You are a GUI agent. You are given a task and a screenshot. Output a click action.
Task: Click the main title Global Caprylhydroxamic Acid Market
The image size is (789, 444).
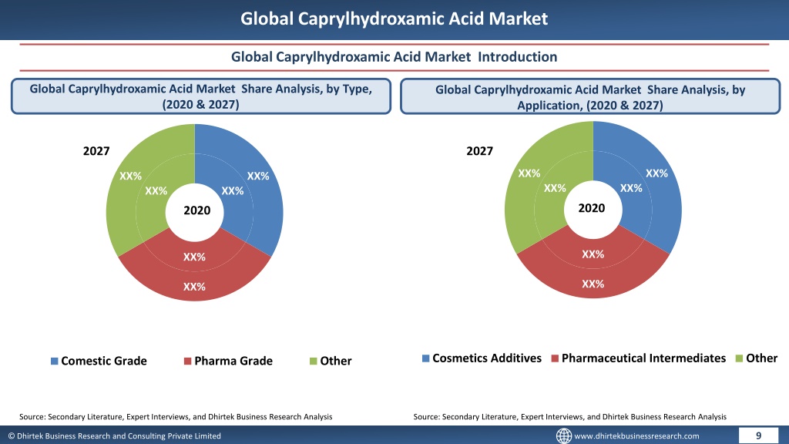[394, 18]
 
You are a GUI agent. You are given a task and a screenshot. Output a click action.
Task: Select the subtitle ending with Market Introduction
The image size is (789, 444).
[394, 57]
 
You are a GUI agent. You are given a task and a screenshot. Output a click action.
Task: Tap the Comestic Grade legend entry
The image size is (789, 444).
[99, 361]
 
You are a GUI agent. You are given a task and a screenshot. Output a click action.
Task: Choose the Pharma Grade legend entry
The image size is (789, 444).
[228, 361]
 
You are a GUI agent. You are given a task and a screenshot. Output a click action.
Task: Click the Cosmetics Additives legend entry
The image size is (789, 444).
[482, 358]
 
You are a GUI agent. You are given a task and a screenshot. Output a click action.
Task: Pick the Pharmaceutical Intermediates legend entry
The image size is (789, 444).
[639, 358]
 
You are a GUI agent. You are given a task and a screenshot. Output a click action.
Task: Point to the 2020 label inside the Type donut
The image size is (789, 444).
[196, 210]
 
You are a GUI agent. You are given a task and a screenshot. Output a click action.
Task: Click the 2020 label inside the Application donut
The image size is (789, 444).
[591, 208]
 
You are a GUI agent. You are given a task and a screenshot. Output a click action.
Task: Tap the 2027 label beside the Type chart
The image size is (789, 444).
[96, 151]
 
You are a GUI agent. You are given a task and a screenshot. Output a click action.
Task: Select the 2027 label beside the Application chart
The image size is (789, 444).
[479, 151]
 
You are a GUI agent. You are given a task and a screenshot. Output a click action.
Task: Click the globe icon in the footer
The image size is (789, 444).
[563, 436]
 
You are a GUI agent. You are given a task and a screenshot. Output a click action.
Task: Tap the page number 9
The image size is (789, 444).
[758, 436]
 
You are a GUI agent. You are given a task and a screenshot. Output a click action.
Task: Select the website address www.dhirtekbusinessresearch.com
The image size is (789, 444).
[636, 436]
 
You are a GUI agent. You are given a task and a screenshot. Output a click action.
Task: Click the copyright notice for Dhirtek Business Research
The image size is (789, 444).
[114, 436]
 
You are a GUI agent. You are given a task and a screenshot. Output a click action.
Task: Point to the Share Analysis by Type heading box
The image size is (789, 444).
[201, 96]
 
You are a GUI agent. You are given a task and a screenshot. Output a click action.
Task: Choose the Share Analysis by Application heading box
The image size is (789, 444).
[590, 96]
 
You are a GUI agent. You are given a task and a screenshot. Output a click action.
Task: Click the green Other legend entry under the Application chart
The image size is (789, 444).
[757, 358]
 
